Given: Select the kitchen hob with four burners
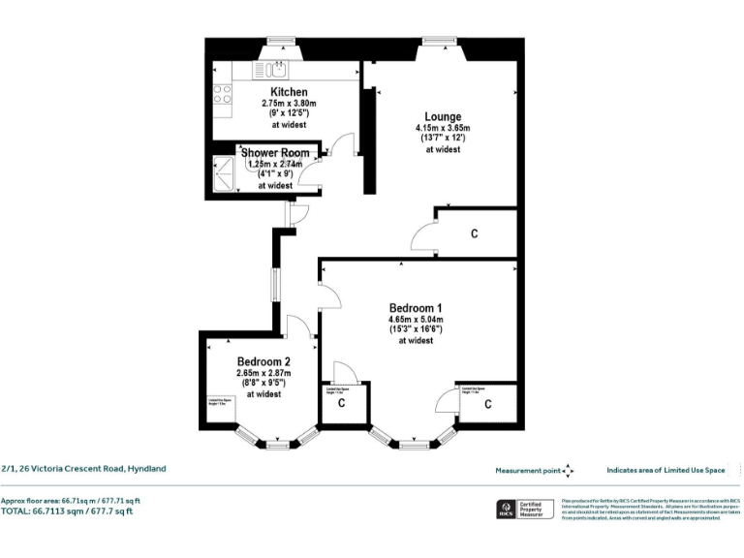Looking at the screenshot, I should tap(223, 94).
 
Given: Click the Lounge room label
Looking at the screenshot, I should tap(442, 117).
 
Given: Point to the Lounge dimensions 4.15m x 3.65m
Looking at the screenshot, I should tap(443, 128).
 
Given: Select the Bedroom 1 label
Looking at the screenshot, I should tap(416, 308).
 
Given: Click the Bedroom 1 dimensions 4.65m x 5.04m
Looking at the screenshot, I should tap(416, 320).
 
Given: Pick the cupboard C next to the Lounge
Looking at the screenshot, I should tap(474, 233).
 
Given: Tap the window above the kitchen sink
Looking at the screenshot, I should tap(280, 43).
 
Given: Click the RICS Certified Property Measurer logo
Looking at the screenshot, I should tap(523, 509).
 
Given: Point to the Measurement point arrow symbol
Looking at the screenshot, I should tap(568, 470).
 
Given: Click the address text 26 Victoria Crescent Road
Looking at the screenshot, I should tap(83, 468).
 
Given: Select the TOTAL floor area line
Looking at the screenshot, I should tap(66, 511).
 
